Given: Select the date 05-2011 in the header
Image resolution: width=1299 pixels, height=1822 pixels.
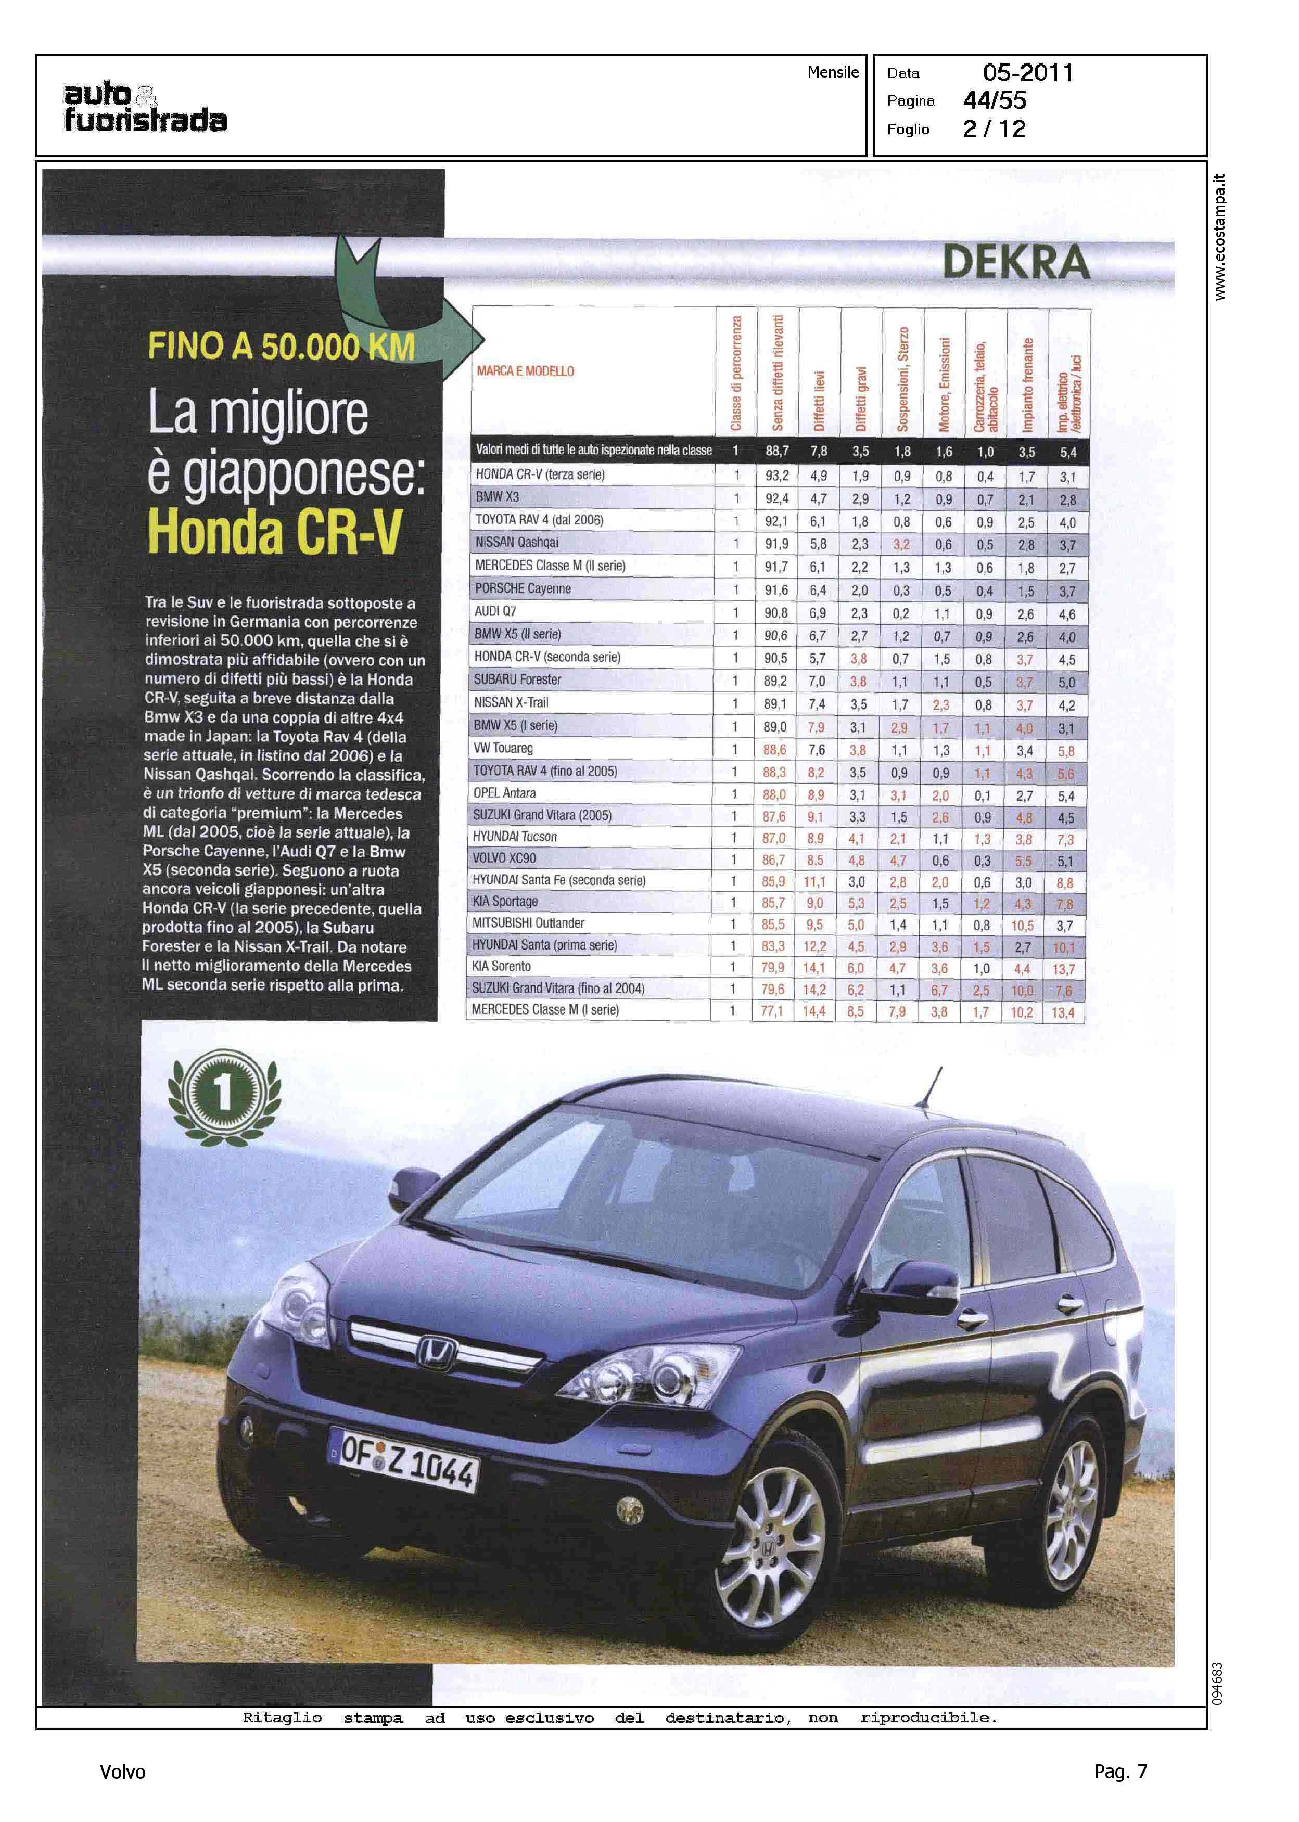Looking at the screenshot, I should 1028,73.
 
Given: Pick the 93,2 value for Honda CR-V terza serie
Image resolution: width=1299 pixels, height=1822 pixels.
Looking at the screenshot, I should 776,476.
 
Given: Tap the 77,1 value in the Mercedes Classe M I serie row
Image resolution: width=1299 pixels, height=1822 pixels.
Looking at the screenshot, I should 772,1011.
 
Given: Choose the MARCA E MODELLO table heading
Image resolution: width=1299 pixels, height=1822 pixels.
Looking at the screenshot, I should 526,371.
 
